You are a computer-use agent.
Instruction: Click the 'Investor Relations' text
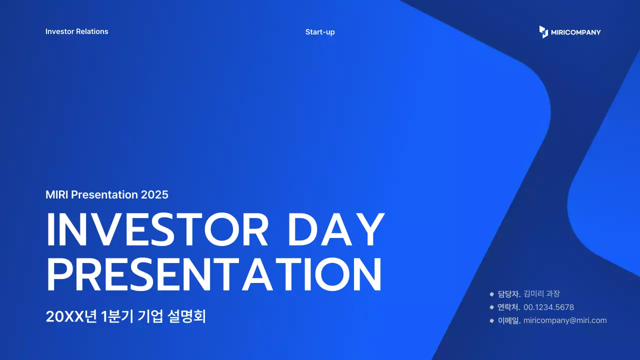click(x=77, y=31)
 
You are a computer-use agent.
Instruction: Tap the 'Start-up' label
click(x=320, y=32)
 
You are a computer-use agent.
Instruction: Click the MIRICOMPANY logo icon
click(x=543, y=31)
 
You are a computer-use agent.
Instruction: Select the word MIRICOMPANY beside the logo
click(x=575, y=32)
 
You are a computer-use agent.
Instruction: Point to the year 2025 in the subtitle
click(x=154, y=194)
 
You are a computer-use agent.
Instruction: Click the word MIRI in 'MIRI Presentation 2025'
click(x=57, y=194)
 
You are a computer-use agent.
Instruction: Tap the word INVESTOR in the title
click(x=157, y=229)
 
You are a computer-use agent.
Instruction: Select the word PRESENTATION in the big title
click(x=214, y=274)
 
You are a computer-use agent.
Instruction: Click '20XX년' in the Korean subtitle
click(x=71, y=316)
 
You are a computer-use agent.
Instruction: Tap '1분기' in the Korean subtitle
click(x=117, y=316)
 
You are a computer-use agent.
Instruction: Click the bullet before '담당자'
click(x=491, y=293)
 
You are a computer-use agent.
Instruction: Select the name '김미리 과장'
click(x=541, y=293)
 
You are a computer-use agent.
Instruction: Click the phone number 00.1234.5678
click(x=548, y=307)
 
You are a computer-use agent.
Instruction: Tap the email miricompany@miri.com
click(x=565, y=320)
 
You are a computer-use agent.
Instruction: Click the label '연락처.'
click(x=509, y=307)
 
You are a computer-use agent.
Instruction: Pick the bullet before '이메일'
click(x=491, y=320)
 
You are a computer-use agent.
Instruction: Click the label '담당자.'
click(x=509, y=293)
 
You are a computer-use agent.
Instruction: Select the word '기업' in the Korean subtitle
click(x=150, y=316)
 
